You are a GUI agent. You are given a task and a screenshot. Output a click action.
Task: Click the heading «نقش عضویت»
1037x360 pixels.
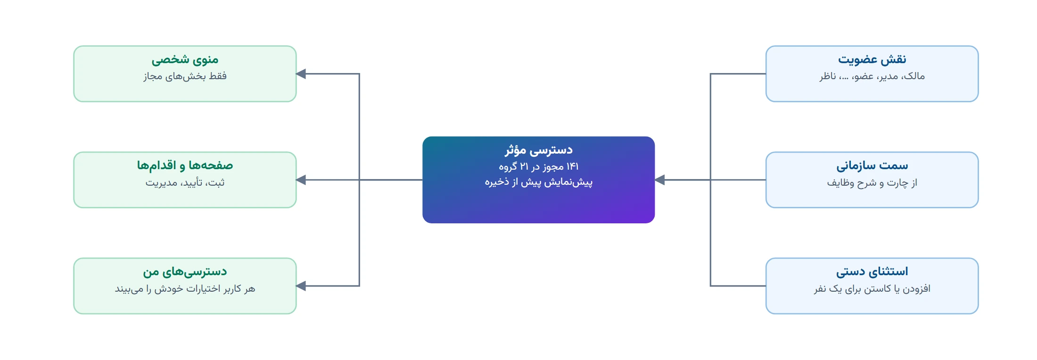pos(872,60)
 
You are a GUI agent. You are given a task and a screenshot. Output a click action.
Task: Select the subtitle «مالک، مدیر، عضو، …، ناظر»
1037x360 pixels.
pos(872,76)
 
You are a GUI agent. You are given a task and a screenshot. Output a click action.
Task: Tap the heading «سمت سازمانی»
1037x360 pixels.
pos(872,166)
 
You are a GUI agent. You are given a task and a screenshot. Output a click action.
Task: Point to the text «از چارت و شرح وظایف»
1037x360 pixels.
pos(872,183)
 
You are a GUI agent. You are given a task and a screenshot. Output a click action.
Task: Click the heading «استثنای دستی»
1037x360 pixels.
pos(872,272)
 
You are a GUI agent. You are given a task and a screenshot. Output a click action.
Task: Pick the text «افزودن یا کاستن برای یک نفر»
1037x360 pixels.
pos(872,289)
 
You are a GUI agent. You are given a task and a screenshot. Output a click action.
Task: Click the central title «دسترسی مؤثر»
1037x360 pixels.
pos(539,150)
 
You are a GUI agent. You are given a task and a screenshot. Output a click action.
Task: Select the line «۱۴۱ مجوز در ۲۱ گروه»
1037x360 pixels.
pos(539,167)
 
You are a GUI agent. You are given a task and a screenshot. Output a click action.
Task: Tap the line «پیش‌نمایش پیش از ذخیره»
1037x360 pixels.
pos(539,182)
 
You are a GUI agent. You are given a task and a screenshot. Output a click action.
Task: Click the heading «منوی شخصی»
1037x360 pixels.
pos(185,60)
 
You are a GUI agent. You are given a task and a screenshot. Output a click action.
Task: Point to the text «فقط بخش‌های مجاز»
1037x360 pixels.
pos(185,76)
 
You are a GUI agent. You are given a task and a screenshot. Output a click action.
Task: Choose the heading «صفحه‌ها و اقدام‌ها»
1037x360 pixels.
pos(185,166)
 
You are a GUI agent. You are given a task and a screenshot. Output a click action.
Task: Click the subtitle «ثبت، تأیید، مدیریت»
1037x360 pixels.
pos(185,183)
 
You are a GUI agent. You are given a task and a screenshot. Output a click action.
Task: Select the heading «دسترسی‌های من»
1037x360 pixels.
pos(185,272)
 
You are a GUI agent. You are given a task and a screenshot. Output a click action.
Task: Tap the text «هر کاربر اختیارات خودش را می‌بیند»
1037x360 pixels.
pos(185,289)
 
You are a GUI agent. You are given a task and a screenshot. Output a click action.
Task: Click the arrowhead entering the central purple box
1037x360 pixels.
pos(660,180)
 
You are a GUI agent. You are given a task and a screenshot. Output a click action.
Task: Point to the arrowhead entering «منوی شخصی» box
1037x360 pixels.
pos(301,74)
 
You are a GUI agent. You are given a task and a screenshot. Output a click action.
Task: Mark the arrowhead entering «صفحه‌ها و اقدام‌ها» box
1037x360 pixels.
pos(301,180)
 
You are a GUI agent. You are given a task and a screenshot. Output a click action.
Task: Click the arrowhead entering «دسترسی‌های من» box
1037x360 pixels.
pos(301,286)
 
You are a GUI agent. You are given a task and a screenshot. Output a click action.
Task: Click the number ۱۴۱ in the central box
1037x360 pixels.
pos(572,167)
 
